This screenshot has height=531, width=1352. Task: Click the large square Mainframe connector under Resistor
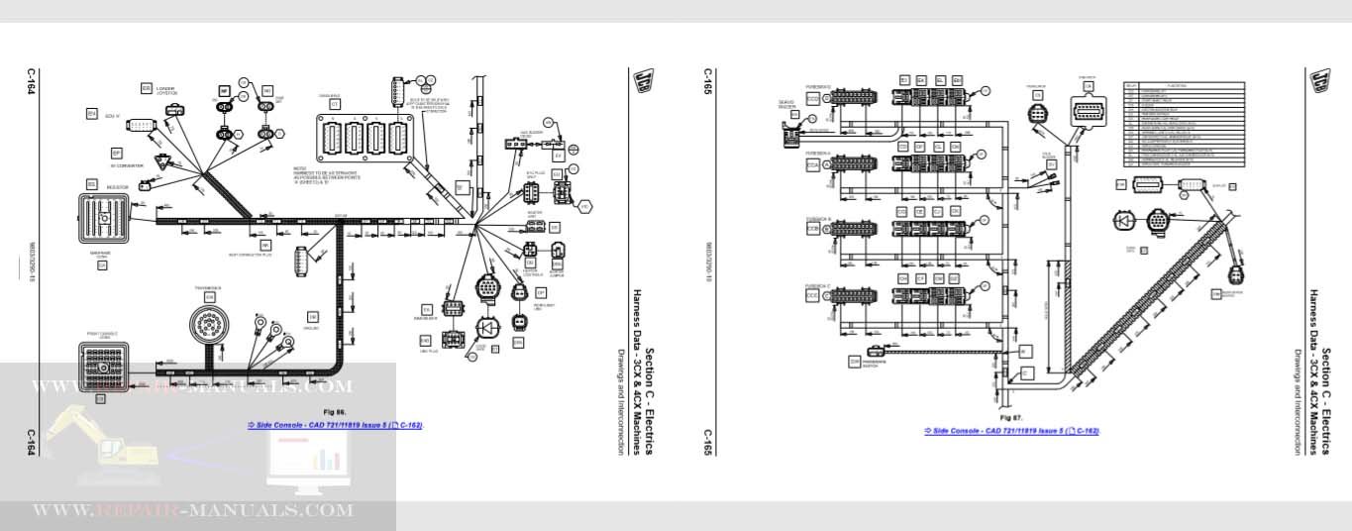click(104, 218)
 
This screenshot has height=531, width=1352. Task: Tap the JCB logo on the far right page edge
click(1317, 80)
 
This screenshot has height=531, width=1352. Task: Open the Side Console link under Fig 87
click(1011, 431)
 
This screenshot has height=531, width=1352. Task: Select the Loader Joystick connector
click(175, 108)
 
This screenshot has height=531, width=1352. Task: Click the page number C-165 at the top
click(708, 79)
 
